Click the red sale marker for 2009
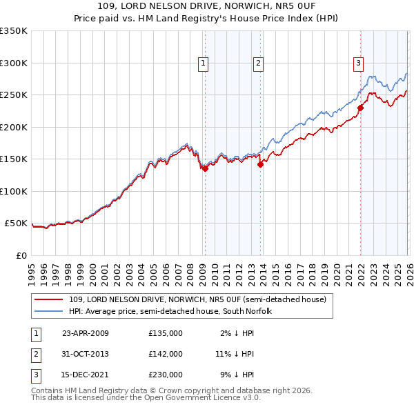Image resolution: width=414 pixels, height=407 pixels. click(x=205, y=168)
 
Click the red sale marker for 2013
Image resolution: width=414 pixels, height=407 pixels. click(x=260, y=164)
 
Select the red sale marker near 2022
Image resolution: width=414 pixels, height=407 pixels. click(x=360, y=108)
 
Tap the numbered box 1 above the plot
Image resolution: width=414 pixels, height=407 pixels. click(x=204, y=63)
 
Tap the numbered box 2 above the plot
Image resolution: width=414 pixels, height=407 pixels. click(x=258, y=63)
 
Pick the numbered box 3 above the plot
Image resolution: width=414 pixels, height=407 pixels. click(x=359, y=63)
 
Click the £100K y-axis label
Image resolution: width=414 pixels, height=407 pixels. click(x=14, y=191)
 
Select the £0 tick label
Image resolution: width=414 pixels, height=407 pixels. click(x=21, y=255)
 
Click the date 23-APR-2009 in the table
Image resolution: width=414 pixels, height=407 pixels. click(x=86, y=332)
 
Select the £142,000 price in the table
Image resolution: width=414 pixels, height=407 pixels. click(x=166, y=354)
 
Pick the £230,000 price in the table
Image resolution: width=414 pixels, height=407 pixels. click(x=166, y=375)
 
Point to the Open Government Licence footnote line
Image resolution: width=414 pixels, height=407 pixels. click(x=146, y=398)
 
